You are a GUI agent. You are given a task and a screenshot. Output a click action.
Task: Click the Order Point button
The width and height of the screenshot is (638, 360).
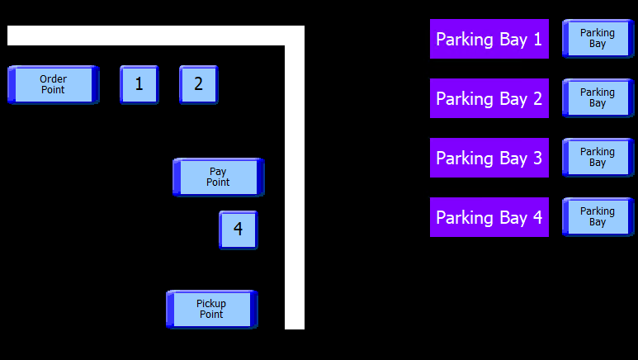point(53,84)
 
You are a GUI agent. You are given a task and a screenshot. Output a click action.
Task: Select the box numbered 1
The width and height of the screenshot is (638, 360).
point(139,84)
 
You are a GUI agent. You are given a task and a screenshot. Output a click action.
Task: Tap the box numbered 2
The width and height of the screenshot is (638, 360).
point(198,84)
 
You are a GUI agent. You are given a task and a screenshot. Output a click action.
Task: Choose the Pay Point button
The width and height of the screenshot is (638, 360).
point(218,177)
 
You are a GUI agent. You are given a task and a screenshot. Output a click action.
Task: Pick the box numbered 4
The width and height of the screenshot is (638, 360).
point(238,230)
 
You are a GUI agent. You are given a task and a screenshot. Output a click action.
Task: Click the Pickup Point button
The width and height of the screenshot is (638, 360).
point(211,309)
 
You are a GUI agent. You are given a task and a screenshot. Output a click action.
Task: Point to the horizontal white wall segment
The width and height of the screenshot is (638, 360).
point(149,36)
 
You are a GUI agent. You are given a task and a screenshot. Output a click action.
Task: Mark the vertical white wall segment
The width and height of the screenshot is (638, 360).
point(295,190)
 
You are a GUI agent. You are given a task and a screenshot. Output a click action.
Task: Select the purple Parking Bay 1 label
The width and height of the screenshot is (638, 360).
point(489,39)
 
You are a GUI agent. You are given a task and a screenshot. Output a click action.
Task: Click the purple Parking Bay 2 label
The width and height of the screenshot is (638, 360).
point(489,98)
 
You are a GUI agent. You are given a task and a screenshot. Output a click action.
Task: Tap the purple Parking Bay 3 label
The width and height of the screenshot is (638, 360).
point(489,158)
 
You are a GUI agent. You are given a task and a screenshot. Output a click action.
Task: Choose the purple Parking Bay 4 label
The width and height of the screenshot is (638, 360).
point(489,217)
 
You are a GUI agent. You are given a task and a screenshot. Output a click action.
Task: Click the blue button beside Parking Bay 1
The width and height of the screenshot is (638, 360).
point(598,39)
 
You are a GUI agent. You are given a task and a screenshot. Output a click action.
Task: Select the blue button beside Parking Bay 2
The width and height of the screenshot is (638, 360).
point(598,98)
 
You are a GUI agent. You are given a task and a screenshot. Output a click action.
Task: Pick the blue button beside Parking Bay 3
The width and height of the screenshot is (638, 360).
point(598,158)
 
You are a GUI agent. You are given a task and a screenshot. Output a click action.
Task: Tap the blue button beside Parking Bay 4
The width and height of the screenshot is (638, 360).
point(598,217)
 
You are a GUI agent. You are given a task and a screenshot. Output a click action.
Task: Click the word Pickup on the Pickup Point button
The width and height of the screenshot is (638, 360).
point(211,304)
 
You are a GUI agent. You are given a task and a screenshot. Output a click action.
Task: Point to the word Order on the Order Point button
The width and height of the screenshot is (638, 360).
point(53,79)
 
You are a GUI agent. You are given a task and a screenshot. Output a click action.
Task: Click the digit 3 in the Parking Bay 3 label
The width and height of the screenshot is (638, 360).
point(537,159)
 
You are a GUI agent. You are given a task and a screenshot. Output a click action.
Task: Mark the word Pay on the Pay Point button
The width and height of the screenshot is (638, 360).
point(218,172)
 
